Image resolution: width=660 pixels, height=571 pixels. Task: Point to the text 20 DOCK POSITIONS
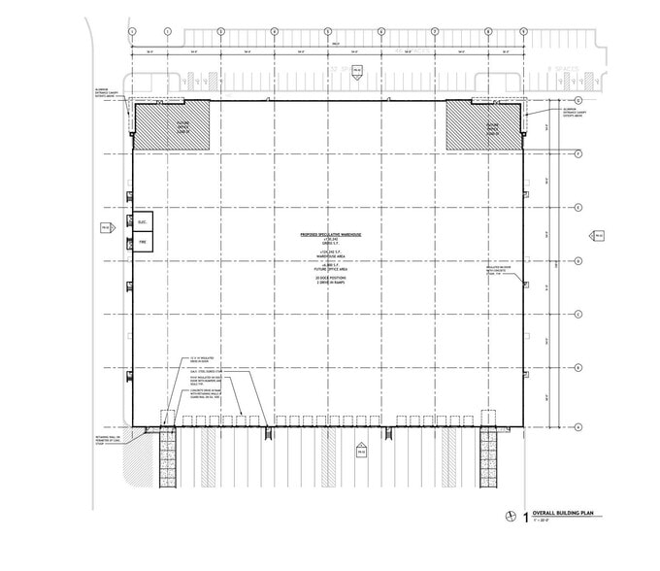point(329,279)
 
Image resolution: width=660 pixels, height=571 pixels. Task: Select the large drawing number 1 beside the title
point(526,518)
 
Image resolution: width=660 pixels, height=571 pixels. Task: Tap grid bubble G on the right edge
point(578,100)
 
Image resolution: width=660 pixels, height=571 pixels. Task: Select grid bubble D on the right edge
point(578,260)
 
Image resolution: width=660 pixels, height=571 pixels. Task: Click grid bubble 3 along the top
point(221,31)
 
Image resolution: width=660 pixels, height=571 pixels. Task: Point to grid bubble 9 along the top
point(525,31)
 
